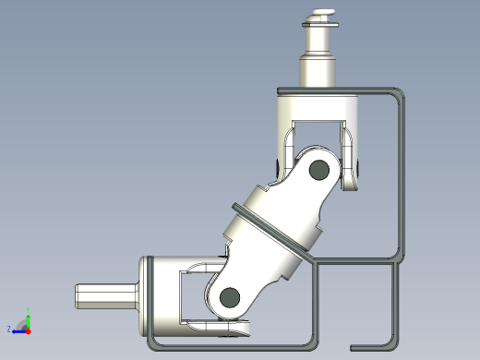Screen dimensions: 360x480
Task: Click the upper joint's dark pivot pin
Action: pyautogui.click(x=319, y=169)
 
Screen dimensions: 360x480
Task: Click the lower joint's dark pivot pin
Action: pyautogui.click(x=229, y=296)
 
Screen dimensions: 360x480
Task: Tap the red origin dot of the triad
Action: pyautogui.click(x=28, y=329)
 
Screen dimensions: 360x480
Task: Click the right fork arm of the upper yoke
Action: pyautogui.click(x=351, y=157)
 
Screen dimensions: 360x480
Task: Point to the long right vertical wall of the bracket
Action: pyautogui.click(x=403, y=175)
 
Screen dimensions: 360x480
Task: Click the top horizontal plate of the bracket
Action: pyautogui.click(x=332, y=90)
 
